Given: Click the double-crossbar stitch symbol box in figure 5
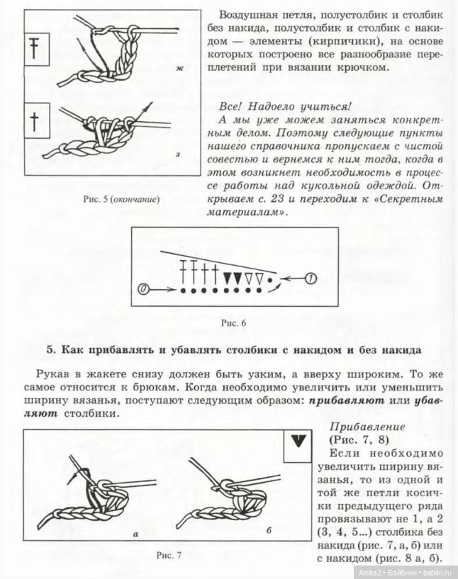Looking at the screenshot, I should (33, 47).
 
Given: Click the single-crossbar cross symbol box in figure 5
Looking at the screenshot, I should (33, 120).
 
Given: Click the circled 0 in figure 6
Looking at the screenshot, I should (144, 289).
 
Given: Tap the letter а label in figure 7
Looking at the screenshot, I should (135, 533).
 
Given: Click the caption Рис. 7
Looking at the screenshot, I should (168, 555).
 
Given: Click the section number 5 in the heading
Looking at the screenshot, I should (50, 349).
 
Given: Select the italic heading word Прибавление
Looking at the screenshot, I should (368, 427).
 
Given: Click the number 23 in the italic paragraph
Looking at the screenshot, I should (300, 199).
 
